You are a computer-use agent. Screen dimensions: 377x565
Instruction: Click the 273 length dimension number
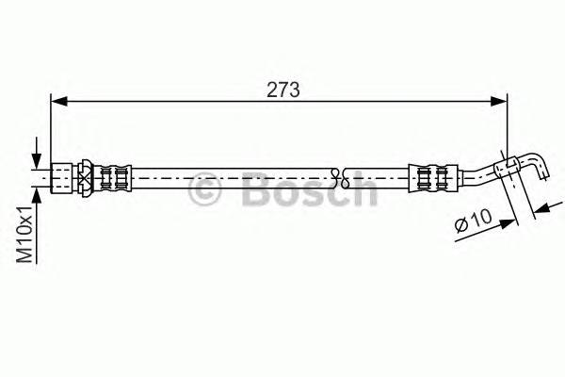tap(282, 90)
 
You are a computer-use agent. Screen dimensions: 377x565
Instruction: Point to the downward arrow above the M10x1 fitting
tap(38, 158)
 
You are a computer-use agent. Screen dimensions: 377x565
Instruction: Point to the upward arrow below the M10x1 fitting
tap(38, 193)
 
